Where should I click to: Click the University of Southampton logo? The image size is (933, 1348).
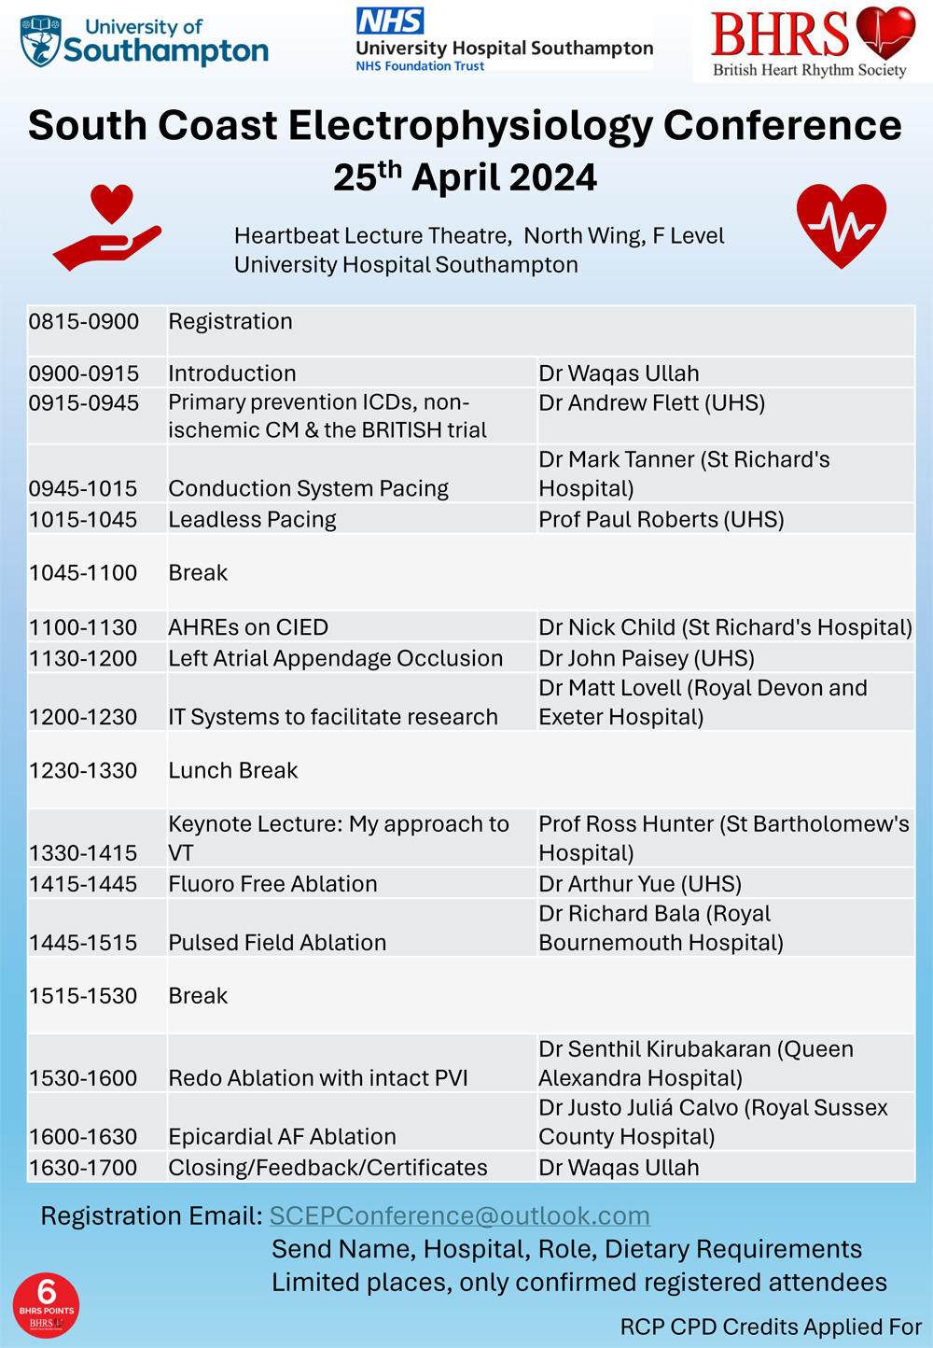point(145,41)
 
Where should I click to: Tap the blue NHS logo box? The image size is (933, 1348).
point(390,21)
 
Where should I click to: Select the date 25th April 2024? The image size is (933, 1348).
point(465,176)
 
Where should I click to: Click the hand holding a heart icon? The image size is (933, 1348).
point(108,228)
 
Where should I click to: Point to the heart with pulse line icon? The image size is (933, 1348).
point(842,225)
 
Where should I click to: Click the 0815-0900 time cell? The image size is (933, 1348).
point(84,322)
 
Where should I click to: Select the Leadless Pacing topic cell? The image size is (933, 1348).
point(252,520)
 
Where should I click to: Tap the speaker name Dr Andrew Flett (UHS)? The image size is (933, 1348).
point(651,403)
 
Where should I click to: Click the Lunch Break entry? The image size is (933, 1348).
point(233,771)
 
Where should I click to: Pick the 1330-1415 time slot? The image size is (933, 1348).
point(83,853)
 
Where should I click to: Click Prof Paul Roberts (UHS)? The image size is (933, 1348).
point(661,520)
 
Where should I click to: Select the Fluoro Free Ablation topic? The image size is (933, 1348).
point(272,884)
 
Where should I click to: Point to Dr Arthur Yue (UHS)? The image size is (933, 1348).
point(640,884)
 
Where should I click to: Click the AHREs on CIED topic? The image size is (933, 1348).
point(248,627)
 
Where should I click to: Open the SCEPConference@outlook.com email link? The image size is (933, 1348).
point(459,1215)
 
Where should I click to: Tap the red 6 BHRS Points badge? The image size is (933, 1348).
point(46,1305)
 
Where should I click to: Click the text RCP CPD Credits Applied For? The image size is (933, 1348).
point(771,1327)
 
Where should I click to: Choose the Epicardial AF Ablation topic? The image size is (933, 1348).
point(282,1137)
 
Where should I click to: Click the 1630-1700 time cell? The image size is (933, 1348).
point(83,1168)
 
